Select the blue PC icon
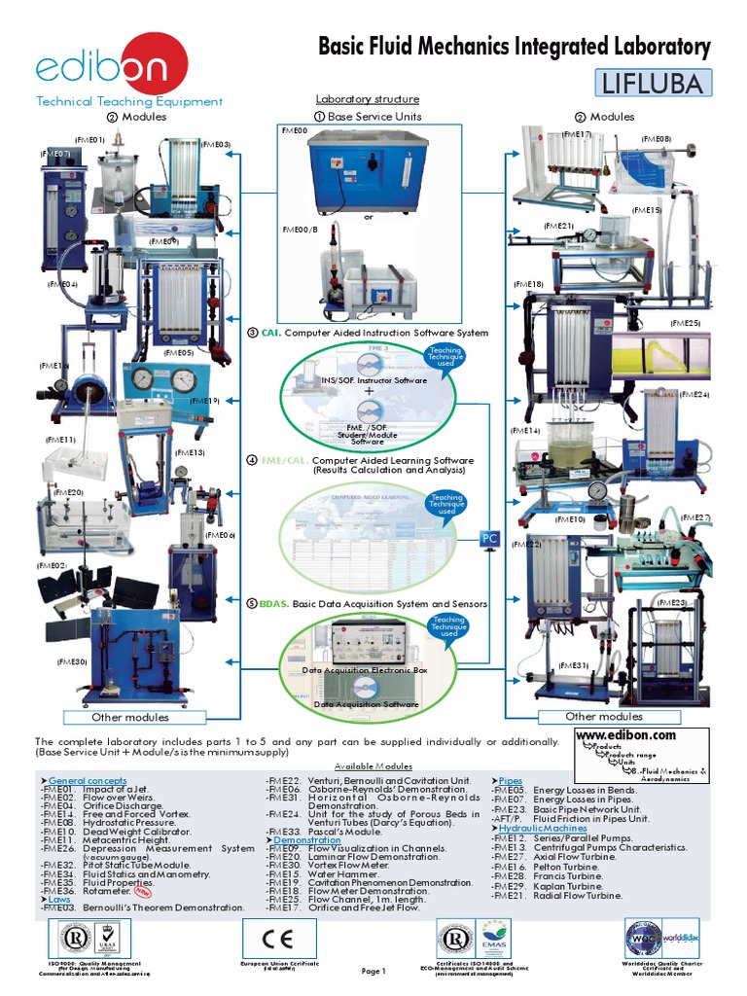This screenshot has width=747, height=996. point(491,538)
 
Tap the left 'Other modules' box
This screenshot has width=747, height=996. point(129,717)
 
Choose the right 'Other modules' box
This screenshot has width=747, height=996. point(604,717)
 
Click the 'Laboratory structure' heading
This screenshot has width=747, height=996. point(368,99)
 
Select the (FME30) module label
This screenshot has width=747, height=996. point(72,661)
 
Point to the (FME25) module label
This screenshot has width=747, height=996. point(685,323)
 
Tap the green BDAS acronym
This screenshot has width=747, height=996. point(273,604)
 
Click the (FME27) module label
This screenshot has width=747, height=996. point(695,517)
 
